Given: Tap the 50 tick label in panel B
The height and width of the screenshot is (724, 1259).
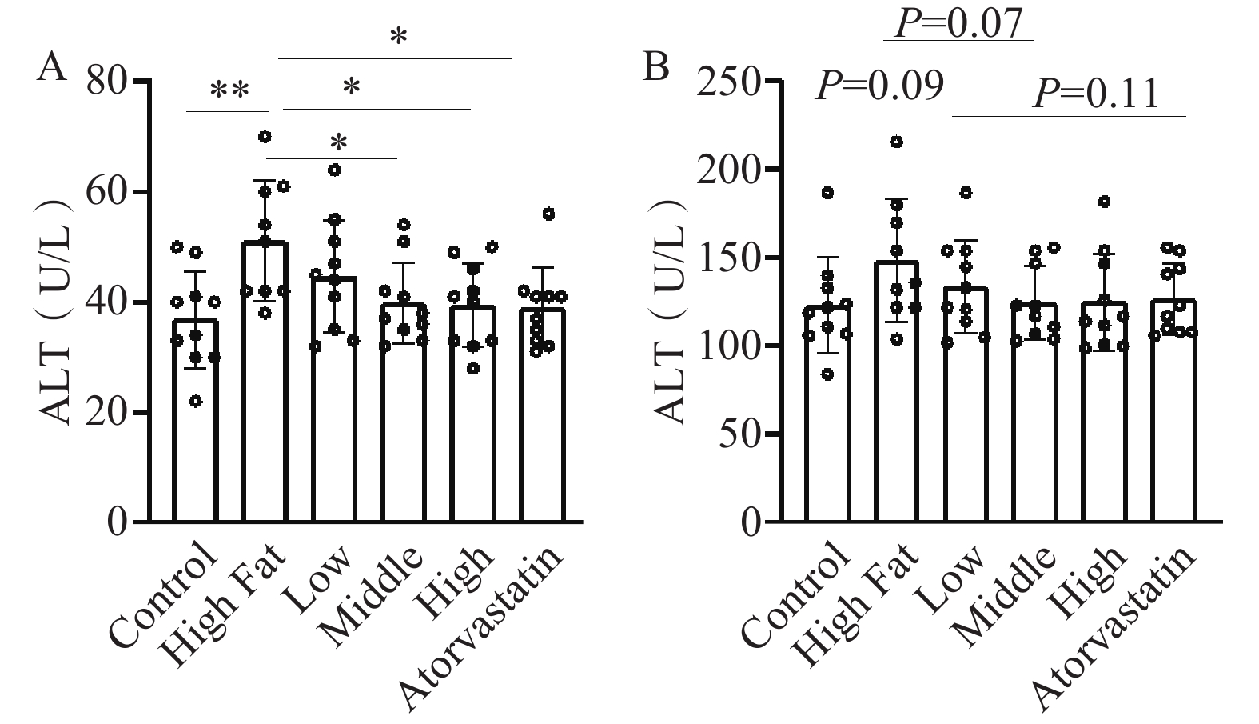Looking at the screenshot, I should coord(736,434).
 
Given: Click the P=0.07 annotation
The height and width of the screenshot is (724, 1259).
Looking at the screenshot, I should coord(958,23).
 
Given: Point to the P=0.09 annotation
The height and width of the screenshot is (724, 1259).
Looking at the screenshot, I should coord(879,86).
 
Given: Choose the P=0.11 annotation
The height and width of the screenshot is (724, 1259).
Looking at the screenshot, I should coord(1094,94).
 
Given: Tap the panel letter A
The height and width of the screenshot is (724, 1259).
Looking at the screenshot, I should coord(51,67).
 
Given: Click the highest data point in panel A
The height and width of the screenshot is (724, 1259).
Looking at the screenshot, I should coord(265,136).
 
